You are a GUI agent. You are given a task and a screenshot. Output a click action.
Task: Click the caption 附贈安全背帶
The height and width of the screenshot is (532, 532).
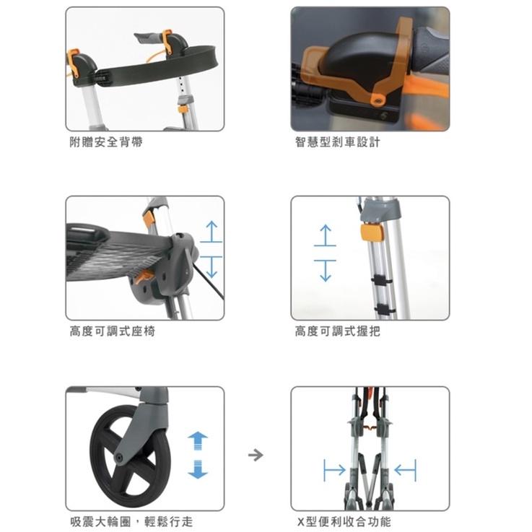tap(106, 141)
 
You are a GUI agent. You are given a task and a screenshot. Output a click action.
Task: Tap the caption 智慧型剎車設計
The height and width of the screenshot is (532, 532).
tap(337, 141)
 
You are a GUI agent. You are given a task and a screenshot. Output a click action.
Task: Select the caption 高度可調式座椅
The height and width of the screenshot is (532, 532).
tap(113, 331)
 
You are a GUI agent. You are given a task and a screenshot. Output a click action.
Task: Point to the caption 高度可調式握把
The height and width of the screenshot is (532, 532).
tap(337, 331)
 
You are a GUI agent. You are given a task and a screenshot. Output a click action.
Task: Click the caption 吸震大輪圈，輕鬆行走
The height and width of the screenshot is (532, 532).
tap(131, 521)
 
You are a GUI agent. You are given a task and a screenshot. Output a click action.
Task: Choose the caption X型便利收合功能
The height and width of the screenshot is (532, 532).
tap(344, 521)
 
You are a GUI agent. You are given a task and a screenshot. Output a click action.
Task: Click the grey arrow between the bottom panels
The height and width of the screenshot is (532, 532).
tap(256, 455)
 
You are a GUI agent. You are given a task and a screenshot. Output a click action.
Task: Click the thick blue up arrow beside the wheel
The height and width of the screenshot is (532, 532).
tap(198, 441)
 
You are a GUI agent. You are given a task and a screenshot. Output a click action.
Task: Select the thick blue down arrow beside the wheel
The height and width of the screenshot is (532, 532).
tap(198, 469)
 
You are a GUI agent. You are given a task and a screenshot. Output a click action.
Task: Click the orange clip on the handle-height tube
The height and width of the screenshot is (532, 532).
tap(372, 232)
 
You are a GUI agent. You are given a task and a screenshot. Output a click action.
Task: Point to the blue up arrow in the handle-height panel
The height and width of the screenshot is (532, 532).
tap(325, 235)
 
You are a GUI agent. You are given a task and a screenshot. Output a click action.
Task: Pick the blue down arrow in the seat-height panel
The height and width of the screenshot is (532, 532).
tap(212, 267)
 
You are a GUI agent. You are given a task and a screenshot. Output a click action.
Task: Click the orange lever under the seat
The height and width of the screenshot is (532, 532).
tap(142, 277)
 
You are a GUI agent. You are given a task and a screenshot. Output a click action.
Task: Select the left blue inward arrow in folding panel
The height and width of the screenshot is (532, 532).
tap(334, 470)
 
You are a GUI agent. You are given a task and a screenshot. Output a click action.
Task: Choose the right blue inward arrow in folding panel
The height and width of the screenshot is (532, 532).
tap(405, 470)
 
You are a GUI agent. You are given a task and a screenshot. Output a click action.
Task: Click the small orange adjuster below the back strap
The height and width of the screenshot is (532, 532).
tap(183, 109)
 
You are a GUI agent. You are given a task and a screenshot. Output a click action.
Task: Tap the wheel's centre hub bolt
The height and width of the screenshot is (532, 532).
tap(119, 458)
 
